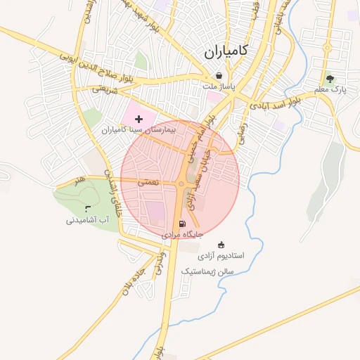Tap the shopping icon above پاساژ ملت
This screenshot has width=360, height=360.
click(219, 76)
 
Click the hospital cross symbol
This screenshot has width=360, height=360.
click(139, 120)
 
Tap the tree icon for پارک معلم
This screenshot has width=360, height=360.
click(330, 79)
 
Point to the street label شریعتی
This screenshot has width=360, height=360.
click(101, 89)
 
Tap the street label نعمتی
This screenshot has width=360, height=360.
click(148, 181)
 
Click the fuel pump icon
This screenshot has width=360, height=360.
click(183, 224)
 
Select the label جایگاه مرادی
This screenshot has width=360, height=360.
click(183, 234)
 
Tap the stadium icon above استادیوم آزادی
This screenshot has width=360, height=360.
click(222, 245)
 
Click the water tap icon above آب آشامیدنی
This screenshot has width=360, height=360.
click(88, 209)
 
